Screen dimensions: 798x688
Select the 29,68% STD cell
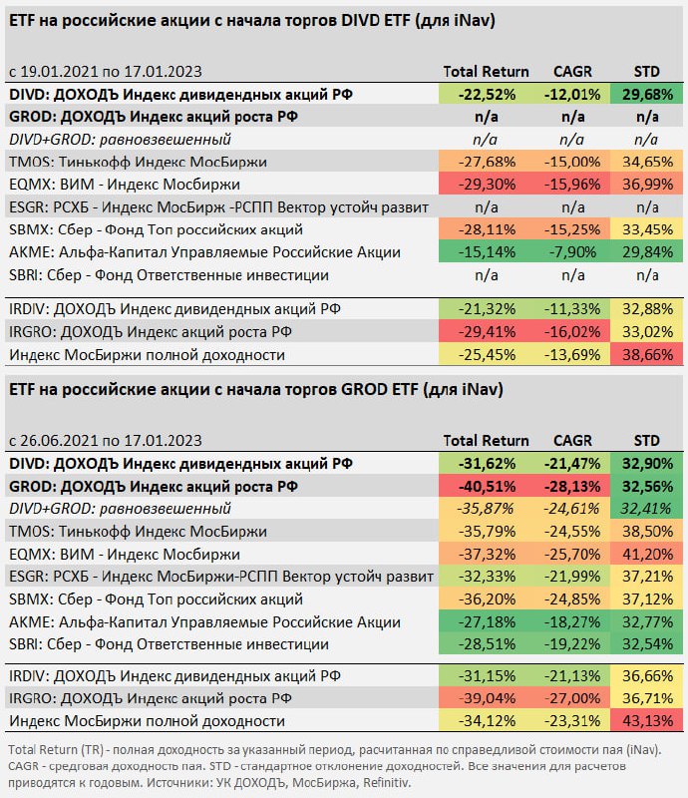point(646,94)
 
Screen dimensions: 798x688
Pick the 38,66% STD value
point(646,354)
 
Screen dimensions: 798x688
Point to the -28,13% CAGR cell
point(572,486)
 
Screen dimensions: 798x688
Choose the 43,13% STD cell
point(646,720)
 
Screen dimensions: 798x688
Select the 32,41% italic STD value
point(646,509)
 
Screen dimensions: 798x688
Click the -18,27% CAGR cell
point(572,621)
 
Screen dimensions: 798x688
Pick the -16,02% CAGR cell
point(572,331)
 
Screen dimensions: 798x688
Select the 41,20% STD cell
point(646,554)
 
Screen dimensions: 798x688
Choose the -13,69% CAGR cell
point(572,354)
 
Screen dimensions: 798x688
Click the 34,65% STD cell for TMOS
point(646,162)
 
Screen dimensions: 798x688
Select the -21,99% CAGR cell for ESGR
point(572,577)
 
